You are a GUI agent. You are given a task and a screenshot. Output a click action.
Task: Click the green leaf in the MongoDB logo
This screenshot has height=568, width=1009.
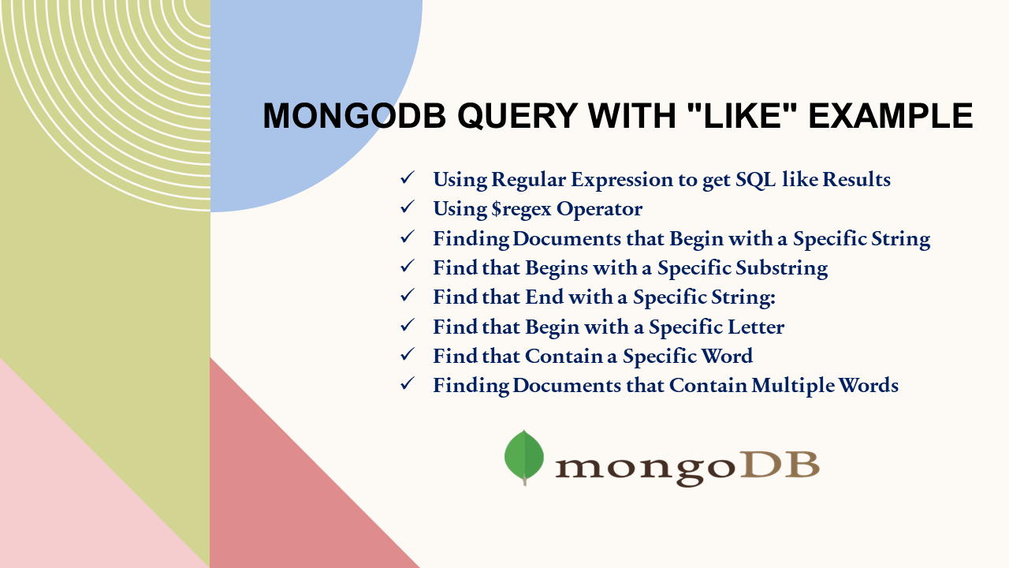coord(524,457)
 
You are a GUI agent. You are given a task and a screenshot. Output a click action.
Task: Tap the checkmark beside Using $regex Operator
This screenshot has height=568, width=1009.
coord(408,207)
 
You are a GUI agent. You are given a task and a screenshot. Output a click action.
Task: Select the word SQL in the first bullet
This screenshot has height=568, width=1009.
coord(756,180)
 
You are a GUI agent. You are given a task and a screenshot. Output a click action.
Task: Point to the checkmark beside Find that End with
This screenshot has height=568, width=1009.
coord(408,296)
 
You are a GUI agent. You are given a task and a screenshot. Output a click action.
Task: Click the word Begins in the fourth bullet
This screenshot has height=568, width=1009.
coord(557,268)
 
